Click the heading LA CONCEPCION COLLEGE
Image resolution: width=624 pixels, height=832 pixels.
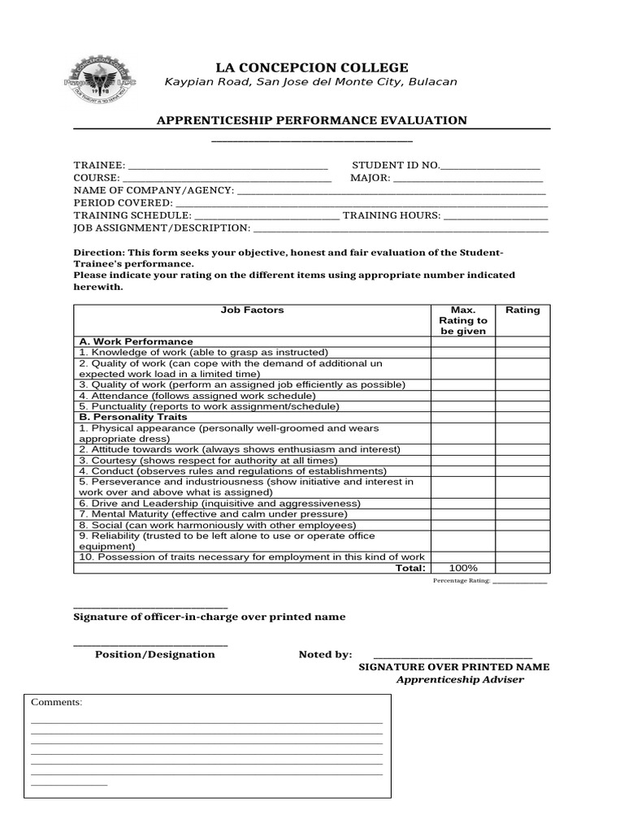click(311, 67)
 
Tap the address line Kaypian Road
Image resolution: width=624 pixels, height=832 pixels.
click(311, 82)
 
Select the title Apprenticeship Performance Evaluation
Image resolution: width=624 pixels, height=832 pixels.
click(311, 120)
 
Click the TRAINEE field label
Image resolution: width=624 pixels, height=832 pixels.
click(99, 165)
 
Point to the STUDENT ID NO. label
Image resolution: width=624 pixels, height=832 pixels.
click(396, 165)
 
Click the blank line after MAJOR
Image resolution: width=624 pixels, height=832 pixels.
click(468, 177)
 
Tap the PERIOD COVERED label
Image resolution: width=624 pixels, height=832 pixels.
click(123, 202)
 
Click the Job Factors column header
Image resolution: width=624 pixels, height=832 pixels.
click(252, 310)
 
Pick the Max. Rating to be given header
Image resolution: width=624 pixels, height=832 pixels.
click(462, 320)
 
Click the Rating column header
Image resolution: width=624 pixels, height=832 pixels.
click(522, 310)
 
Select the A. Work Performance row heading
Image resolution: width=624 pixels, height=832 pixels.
click(136, 341)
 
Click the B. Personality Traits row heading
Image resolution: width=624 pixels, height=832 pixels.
click(133, 417)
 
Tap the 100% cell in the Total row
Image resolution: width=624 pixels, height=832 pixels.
click(462, 568)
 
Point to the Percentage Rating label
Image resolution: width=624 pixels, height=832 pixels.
click(461, 582)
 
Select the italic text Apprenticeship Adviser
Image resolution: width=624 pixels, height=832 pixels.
click(460, 679)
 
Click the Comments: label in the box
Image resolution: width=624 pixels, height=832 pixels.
click(56, 702)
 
